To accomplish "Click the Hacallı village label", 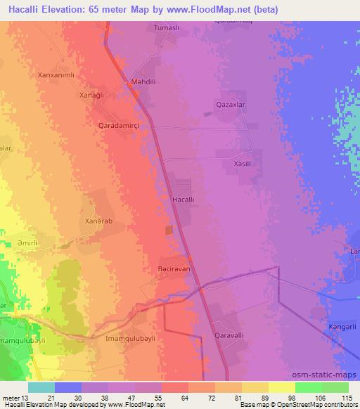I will pos(183,200).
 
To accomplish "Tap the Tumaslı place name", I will pos(167,29).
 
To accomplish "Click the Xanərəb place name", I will pos(98,221).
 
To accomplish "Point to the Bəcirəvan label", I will pos(175,268).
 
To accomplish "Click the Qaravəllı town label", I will pos(229,336).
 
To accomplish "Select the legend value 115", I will pos(347,398).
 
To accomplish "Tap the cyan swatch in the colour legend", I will pos(41,387).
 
